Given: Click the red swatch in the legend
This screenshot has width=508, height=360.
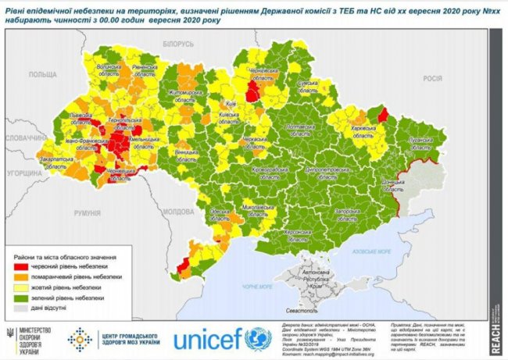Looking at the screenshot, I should point(21,266).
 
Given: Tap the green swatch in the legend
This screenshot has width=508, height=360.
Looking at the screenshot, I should point(21,298).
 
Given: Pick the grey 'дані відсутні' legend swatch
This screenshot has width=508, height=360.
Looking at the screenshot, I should point(21,308).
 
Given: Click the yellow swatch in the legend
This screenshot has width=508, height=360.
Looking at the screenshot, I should point(21,287).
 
